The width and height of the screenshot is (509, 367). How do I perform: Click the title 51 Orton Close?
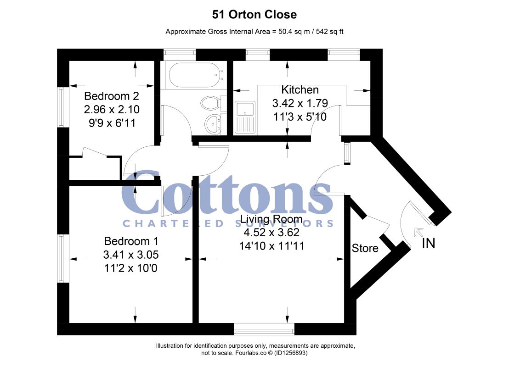(254, 15)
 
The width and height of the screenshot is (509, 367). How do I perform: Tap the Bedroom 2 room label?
(112, 96)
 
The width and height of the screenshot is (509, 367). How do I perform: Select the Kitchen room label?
(300, 89)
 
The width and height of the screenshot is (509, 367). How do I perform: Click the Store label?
(365, 249)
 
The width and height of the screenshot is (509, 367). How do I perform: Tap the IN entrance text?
(428, 243)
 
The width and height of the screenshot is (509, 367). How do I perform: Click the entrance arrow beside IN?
(419, 232)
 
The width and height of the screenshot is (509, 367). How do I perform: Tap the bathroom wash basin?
(212, 123)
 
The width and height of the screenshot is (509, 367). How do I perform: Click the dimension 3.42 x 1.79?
(300, 103)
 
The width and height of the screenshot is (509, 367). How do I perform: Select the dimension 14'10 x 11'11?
(272, 246)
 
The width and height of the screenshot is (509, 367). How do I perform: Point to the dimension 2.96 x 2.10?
(112, 110)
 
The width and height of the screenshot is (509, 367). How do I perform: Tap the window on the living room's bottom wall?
(264, 328)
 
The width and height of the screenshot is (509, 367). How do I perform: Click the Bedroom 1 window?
(62, 258)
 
